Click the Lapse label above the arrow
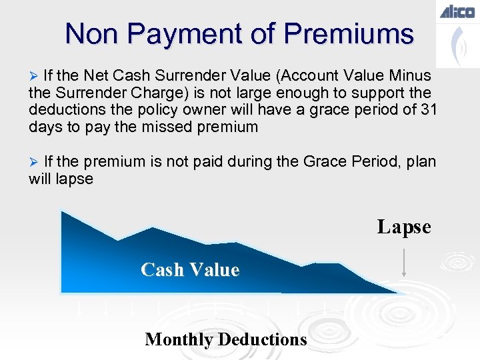click(404, 227)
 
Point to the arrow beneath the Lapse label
click(404, 262)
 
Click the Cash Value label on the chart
click(190, 270)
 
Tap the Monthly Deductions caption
click(225, 339)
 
